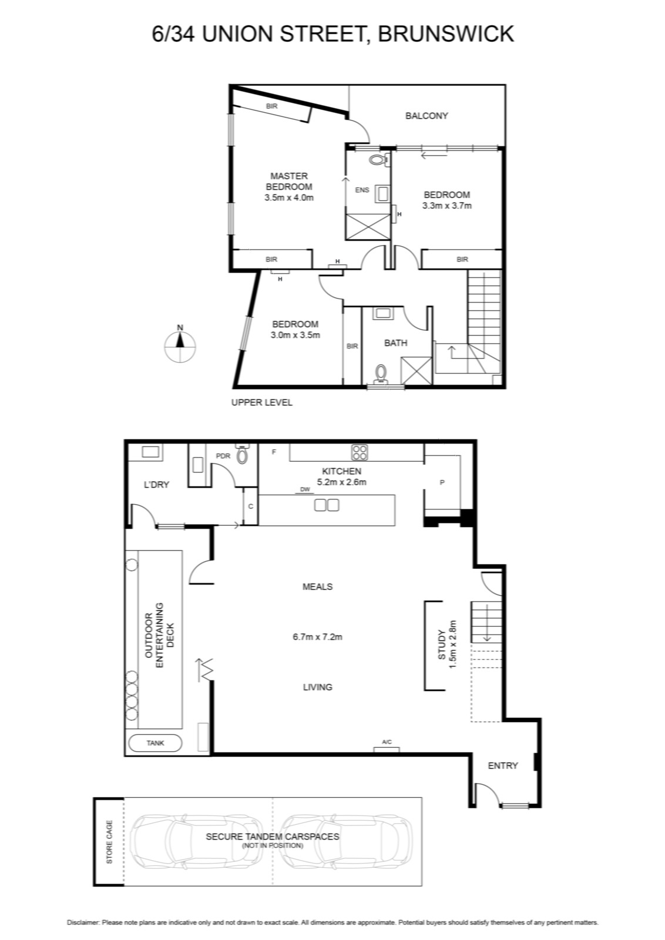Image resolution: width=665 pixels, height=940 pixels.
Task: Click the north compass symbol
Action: (x=180, y=346)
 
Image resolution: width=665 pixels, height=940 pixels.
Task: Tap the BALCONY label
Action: (x=426, y=115)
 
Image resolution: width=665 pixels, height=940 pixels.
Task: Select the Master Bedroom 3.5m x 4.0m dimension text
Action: (x=288, y=197)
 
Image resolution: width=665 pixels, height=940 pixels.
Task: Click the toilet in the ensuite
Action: (x=379, y=160)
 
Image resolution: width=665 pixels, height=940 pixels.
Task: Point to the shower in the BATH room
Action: (x=416, y=370)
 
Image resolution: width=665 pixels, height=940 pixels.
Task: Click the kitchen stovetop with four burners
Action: (x=360, y=452)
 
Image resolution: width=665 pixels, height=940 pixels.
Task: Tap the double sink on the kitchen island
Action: (x=327, y=505)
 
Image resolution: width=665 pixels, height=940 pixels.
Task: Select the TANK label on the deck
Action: (x=155, y=743)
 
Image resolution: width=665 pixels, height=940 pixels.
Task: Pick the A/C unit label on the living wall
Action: (x=387, y=742)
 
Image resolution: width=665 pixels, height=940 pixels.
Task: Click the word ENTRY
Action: (x=503, y=766)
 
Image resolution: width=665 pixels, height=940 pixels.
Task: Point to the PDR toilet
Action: (x=241, y=455)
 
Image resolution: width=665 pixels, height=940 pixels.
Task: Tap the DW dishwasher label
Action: (x=305, y=489)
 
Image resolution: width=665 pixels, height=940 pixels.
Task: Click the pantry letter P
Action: (x=442, y=482)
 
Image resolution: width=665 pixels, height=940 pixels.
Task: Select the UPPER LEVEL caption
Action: (x=262, y=402)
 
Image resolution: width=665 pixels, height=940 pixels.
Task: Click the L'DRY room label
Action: (x=156, y=485)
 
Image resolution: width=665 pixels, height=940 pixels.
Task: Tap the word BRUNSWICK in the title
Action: (x=446, y=33)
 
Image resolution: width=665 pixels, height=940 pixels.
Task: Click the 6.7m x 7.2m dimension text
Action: (x=317, y=637)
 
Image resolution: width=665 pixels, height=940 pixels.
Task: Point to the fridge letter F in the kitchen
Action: (x=274, y=452)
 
